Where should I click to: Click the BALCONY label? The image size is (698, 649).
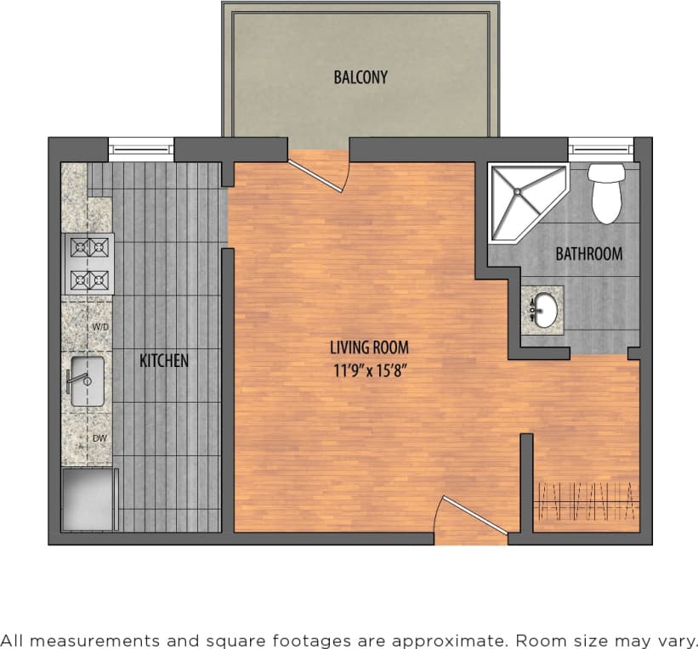pyautogui.click(x=360, y=77)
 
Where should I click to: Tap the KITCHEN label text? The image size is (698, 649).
pyautogui.click(x=164, y=360)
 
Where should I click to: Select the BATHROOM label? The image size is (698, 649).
pyautogui.click(x=588, y=253)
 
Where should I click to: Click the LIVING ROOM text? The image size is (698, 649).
pyautogui.click(x=369, y=347)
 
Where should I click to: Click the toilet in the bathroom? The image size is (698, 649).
pyautogui.click(x=606, y=193)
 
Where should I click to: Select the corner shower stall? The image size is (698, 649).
pyautogui.click(x=520, y=198)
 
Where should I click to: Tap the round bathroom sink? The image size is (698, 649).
pyautogui.click(x=545, y=309)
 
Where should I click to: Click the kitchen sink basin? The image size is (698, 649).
pyautogui.click(x=87, y=381)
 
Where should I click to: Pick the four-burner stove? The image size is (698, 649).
pyautogui.click(x=89, y=263)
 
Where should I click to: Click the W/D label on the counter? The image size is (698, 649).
pyautogui.click(x=100, y=326)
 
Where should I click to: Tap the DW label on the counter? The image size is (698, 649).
pyautogui.click(x=99, y=438)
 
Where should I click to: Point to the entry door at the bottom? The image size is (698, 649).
pyautogui.click(x=469, y=516)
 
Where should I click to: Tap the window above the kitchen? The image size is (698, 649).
pyautogui.click(x=141, y=150)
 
